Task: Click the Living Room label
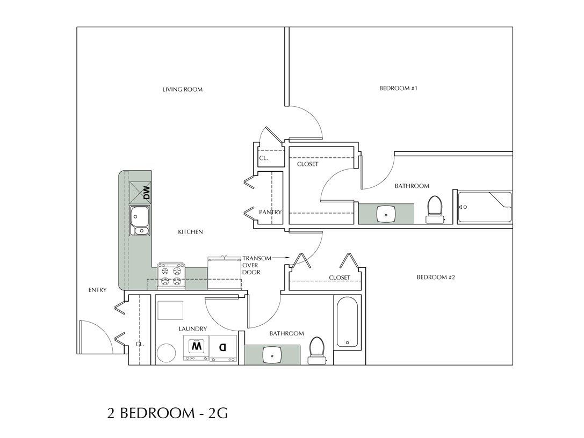(x=182, y=90)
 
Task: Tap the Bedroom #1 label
(x=398, y=88)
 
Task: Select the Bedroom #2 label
(x=436, y=278)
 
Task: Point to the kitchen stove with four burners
(x=171, y=276)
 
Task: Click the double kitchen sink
(x=140, y=221)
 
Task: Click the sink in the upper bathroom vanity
(x=386, y=214)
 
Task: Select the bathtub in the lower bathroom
(x=347, y=322)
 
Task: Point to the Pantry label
(x=270, y=212)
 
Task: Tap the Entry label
(x=97, y=290)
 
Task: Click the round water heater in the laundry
(x=167, y=354)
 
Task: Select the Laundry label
(x=193, y=328)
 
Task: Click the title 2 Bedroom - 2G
(x=168, y=413)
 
